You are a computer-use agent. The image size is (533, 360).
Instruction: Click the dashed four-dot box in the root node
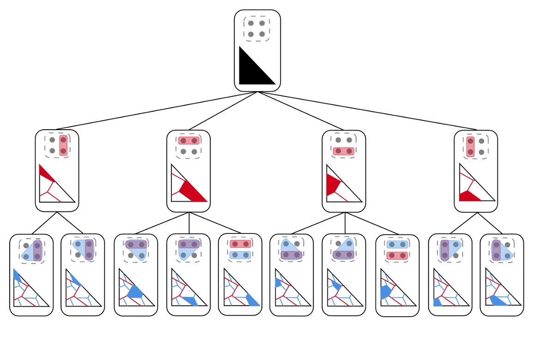[x=256, y=29]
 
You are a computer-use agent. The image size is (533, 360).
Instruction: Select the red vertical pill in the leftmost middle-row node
[x=63, y=145]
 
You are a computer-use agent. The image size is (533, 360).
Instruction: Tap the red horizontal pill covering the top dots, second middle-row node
[x=188, y=140]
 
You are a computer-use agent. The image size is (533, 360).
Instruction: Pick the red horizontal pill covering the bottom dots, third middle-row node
[x=344, y=151]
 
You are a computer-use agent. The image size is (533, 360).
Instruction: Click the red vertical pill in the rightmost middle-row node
[x=470, y=146]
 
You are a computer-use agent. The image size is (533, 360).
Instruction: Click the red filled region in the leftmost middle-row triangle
[x=45, y=174]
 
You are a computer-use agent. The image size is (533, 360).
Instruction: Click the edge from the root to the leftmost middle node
[x=157, y=111]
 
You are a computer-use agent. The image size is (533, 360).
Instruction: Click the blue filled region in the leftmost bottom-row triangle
[x=17, y=276]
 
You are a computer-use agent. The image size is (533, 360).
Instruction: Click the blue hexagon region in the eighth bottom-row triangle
[x=385, y=292]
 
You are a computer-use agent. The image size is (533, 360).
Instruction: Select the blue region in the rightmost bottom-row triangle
[x=498, y=300]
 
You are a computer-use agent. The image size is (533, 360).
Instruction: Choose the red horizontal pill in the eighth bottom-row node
[x=397, y=255]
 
